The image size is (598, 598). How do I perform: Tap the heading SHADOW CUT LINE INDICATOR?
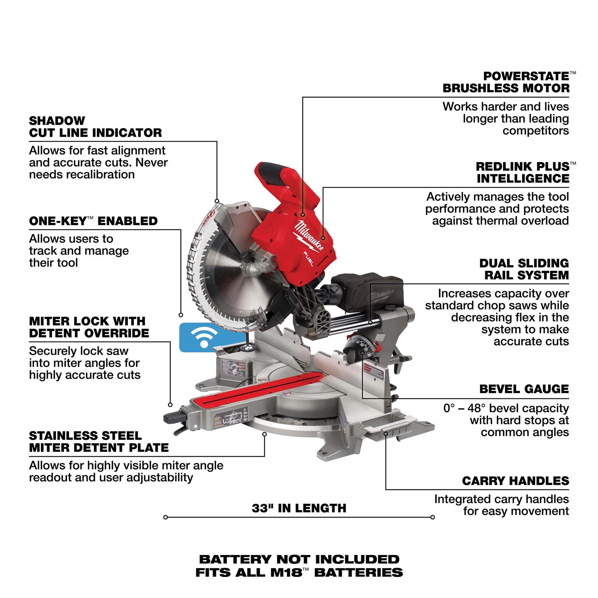[x=95, y=127]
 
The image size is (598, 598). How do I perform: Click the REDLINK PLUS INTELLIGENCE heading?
[x=523, y=172]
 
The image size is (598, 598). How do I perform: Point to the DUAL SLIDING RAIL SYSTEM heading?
[x=524, y=269]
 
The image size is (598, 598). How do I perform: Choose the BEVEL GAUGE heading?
[x=524, y=389]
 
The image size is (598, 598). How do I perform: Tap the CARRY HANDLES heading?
[x=515, y=481]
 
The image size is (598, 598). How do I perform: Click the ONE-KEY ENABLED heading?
[x=93, y=221]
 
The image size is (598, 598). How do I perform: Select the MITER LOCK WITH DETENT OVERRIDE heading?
[x=89, y=327]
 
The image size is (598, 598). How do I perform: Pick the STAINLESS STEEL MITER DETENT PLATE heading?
[x=99, y=442]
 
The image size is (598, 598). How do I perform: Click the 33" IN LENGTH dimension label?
[x=299, y=508]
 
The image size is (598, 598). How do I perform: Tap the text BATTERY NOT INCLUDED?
[x=299, y=560]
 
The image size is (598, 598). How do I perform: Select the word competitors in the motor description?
[x=536, y=131]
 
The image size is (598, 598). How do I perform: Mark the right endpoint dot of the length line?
[x=432, y=517]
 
